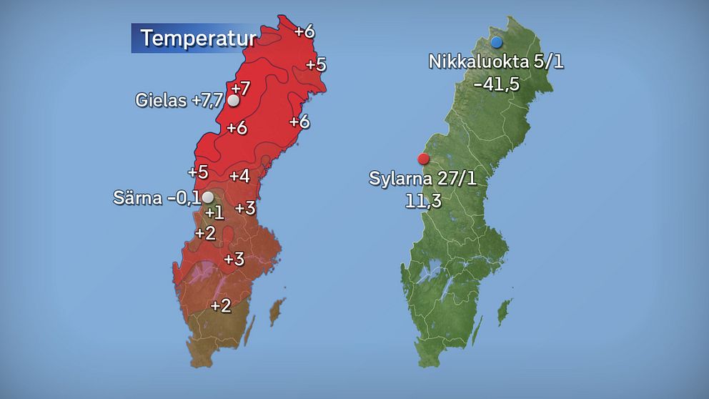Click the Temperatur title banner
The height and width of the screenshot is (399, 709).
(194, 39)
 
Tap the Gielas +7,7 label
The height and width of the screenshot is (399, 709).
(179, 101)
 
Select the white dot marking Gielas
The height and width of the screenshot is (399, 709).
(233, 101)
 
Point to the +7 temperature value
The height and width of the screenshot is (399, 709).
(241, 89)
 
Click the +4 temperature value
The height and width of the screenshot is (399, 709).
(239, 176)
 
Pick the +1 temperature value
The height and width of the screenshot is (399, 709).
(214, 212)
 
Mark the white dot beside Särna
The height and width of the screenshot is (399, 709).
(207, 197)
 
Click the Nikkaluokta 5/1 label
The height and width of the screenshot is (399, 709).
(496, 61)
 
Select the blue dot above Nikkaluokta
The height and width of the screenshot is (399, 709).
(497, 42)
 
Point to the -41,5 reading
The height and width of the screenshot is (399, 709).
(496, 84)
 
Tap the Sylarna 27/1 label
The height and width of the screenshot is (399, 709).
(422, 178)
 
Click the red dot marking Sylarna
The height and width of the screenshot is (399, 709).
(423, 158)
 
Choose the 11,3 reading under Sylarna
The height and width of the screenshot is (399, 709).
(422, 201)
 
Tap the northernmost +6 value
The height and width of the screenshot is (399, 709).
(304, 31)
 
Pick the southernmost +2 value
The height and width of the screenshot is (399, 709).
(221, 306)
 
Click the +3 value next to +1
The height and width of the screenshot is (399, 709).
(245, 208)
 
